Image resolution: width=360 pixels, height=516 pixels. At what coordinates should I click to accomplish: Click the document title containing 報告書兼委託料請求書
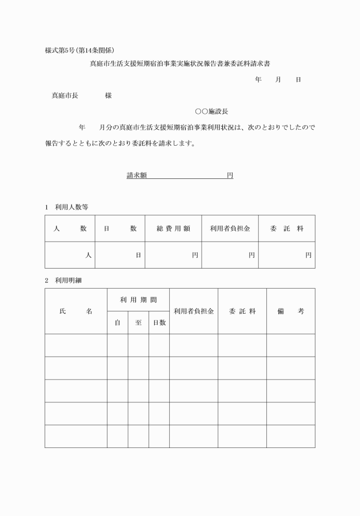click(179, 65)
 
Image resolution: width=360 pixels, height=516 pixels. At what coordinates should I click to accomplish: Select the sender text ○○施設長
click(211, 111)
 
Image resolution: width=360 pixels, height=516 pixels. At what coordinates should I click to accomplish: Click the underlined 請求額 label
click(137, 176)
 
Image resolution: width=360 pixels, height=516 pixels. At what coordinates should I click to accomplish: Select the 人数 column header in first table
click(70, 229)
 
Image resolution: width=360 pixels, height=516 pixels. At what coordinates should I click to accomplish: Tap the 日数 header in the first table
click(120, 229)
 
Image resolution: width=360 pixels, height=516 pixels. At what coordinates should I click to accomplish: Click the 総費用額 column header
click(173, 229)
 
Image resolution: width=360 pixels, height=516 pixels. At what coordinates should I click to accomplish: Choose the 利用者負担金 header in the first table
click(230, 229)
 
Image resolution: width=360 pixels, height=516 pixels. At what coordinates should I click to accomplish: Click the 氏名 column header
click(75, 311)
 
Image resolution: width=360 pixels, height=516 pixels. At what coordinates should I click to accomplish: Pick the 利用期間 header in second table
click(138, 299)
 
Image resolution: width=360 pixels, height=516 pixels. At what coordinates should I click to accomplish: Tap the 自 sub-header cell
click(117, 323)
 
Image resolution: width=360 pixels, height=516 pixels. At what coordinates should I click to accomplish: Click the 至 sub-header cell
click(138, 323)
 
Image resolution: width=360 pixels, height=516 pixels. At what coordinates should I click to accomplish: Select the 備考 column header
click(290, 311)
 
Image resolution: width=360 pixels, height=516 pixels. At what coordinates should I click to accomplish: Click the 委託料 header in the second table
click(242, 311)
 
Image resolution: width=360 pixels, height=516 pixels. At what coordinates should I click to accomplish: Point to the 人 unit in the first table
click(88, 255)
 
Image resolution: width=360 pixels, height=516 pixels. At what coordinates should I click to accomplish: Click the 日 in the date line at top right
click(298, 80)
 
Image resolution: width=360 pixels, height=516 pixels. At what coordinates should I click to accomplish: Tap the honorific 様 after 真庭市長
click(108, 95)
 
